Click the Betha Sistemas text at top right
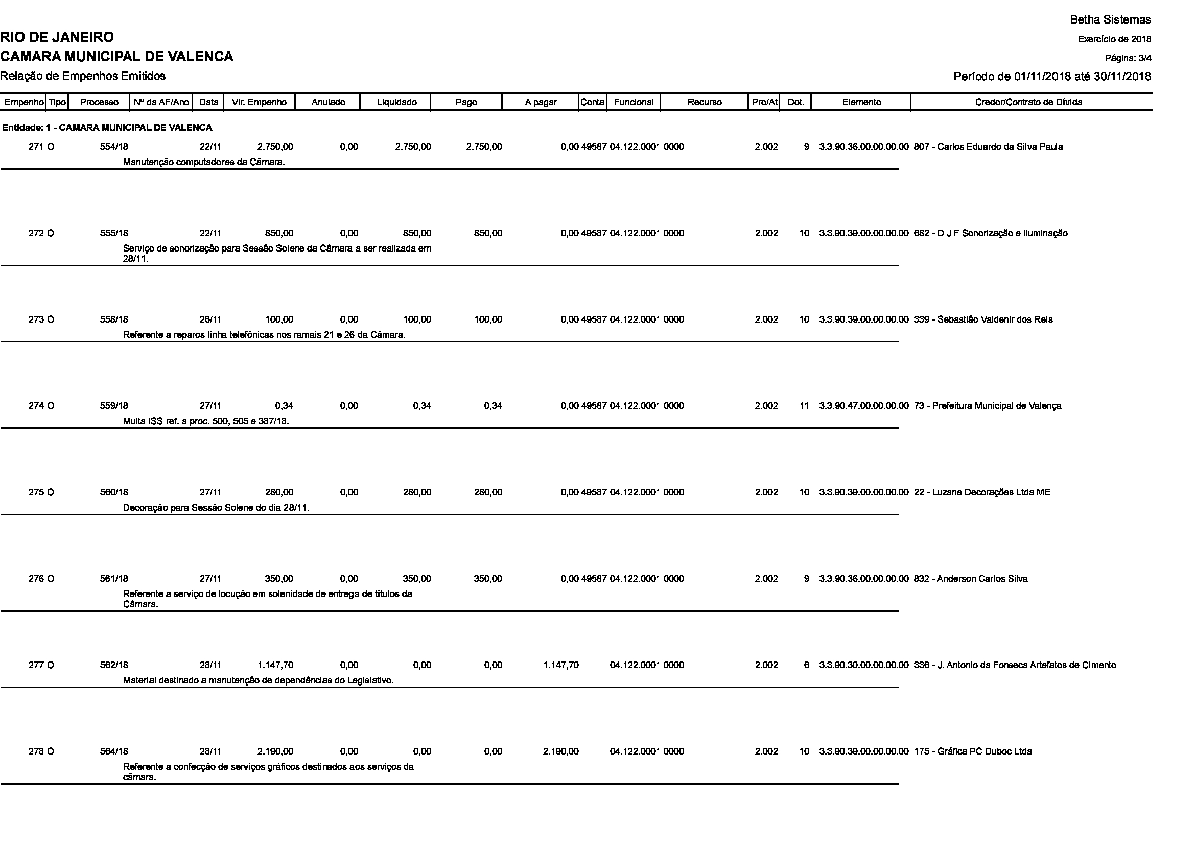coord(1110,20)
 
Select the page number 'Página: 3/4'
coord(1128,58)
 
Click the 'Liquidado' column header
coord(396,102)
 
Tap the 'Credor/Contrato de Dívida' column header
coord(1028,102)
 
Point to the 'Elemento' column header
coord(861,102)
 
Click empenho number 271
coord(36,147)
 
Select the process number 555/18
coord(114,233)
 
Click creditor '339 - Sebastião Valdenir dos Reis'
coord(982,319)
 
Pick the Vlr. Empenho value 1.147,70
coord(275,665)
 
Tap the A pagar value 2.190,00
coord(560,751)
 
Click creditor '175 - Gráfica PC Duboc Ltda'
coord(972,751)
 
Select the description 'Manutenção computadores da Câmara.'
coord(203,162)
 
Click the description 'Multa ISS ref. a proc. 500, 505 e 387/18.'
coord(205,421)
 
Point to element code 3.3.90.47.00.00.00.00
coord(863,406)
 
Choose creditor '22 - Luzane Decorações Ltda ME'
coord(981,492)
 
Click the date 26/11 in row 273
coord(210,319)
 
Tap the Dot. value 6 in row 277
coord(806,665)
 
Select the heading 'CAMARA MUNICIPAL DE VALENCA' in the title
coord(116,56)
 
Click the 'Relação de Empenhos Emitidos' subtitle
coord(83,76)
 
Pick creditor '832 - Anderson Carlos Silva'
coord(970,579)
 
